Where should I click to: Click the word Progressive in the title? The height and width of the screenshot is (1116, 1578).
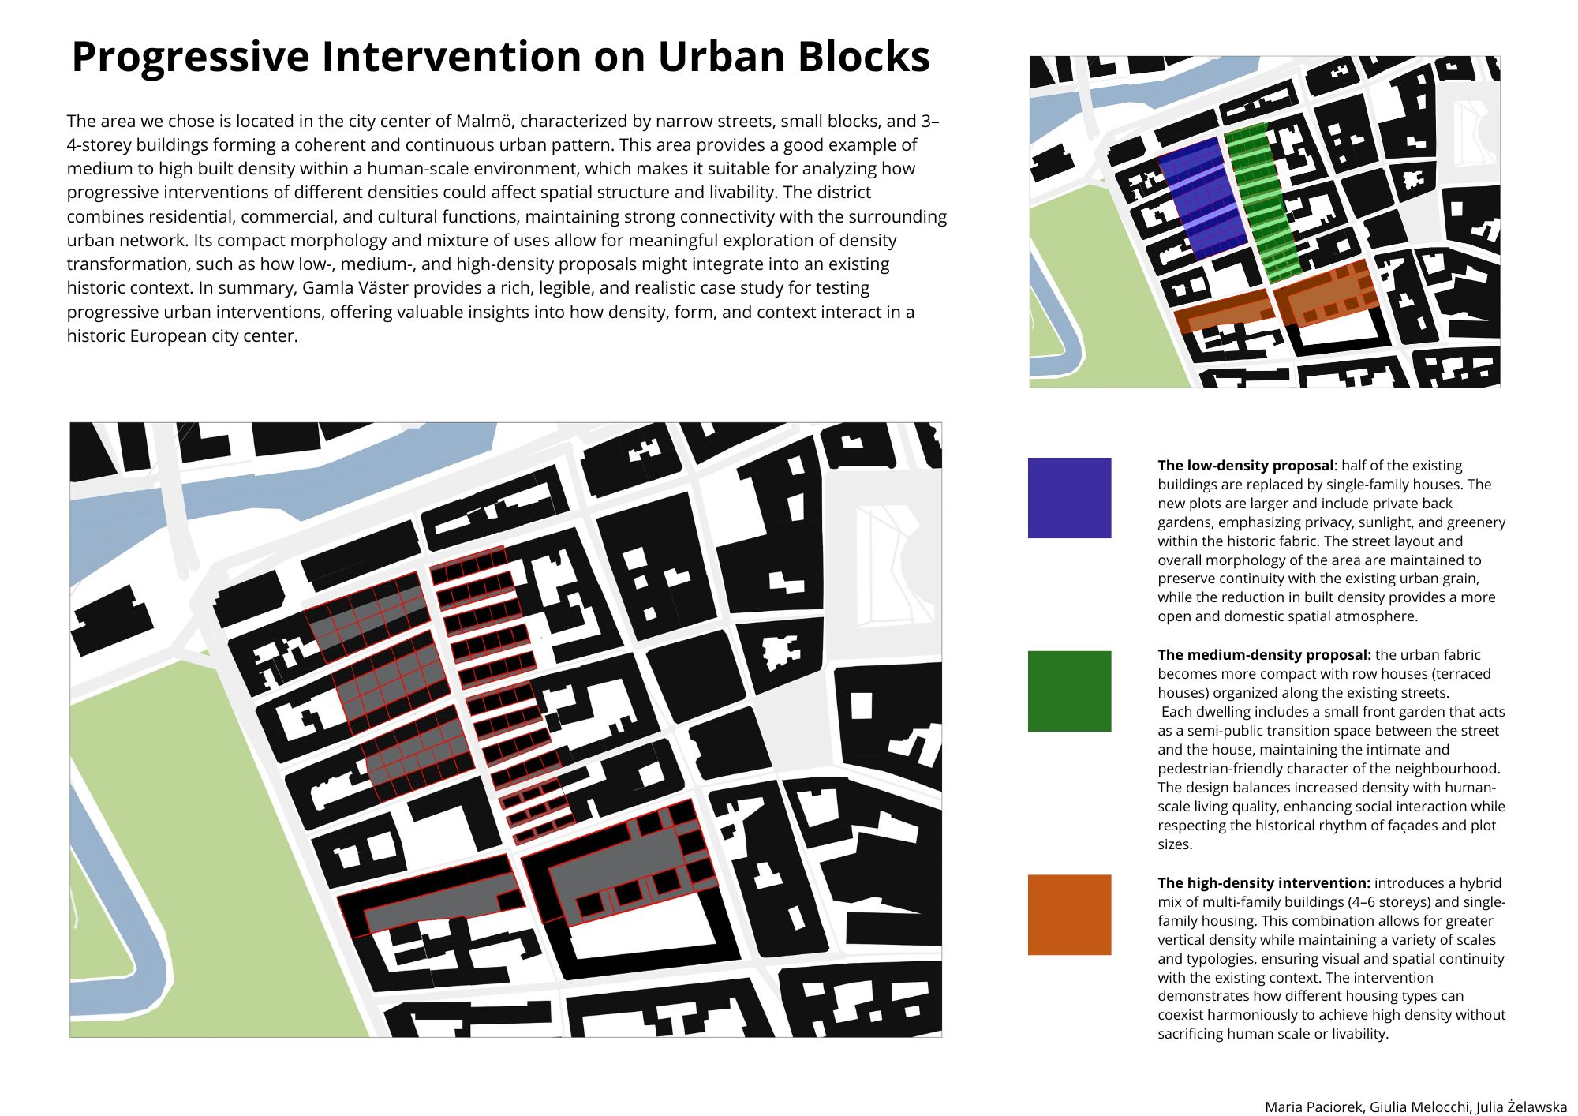pos(190,58)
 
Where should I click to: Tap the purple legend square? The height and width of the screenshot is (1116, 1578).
pos(1069,498)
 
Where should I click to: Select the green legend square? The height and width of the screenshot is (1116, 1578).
pos(1069,691)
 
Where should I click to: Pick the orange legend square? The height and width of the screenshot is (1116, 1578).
pos(1069,915)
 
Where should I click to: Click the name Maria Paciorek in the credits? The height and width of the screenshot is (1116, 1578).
pos(1314,1107)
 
